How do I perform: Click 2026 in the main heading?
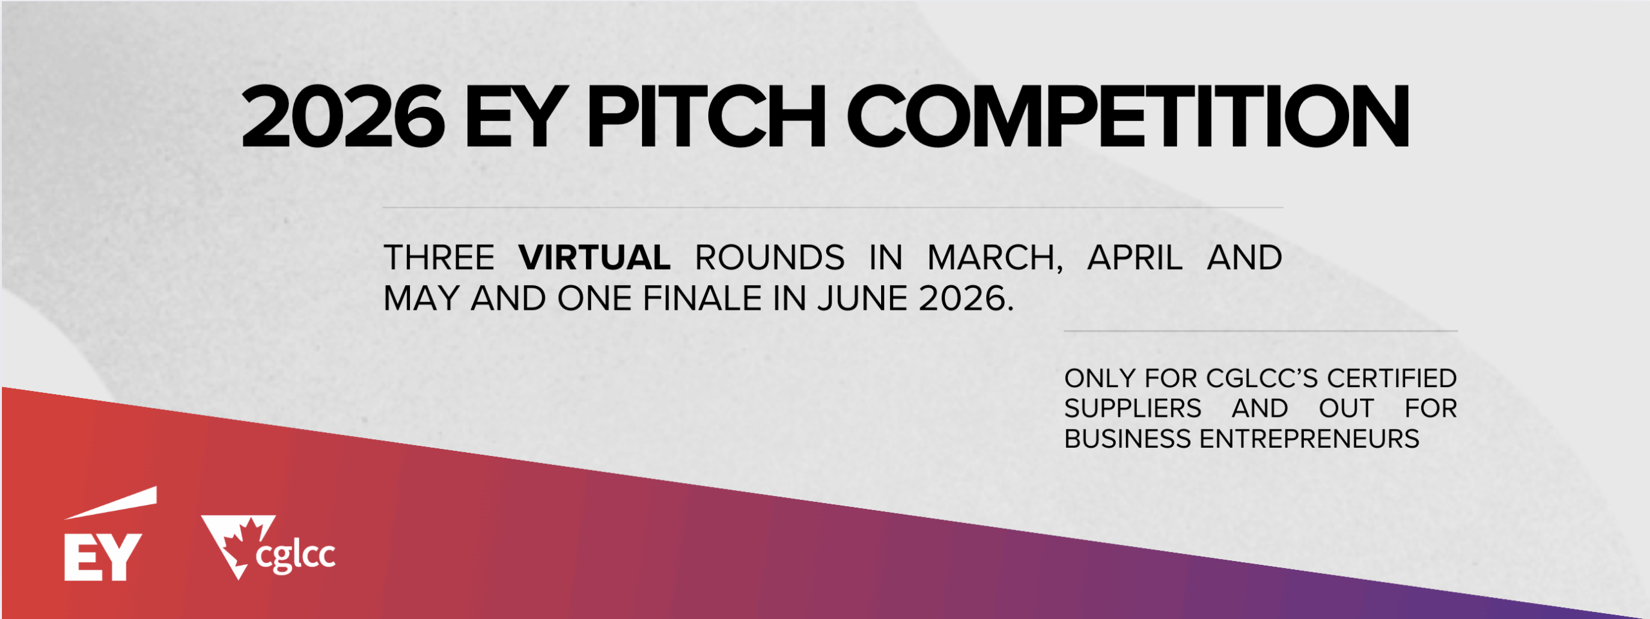(343, 117)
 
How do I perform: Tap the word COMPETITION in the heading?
(1128, 117)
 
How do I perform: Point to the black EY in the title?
(513, 117)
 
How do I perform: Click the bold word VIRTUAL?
(594, 258)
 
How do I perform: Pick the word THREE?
(439, 258)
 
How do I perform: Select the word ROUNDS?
(770, 258)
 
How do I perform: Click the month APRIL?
(1135, 258)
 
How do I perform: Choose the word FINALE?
(703, 299)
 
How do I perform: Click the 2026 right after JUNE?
(962, 299)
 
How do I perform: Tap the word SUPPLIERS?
(1133, 408)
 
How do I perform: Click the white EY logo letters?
(103, 557)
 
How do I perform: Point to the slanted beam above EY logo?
(111, 502)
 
